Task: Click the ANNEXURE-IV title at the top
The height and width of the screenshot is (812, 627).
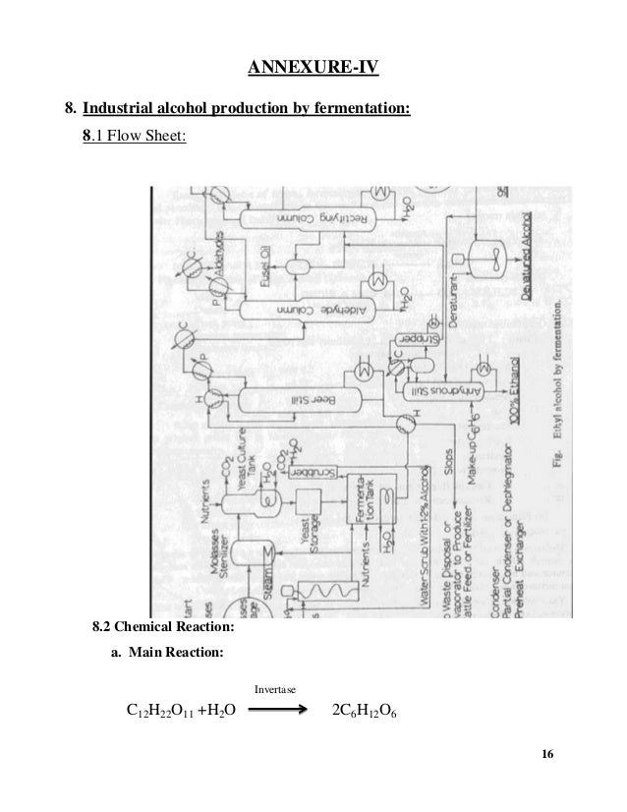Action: [313, 68]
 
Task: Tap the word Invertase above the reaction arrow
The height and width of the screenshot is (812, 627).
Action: [275, 690]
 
